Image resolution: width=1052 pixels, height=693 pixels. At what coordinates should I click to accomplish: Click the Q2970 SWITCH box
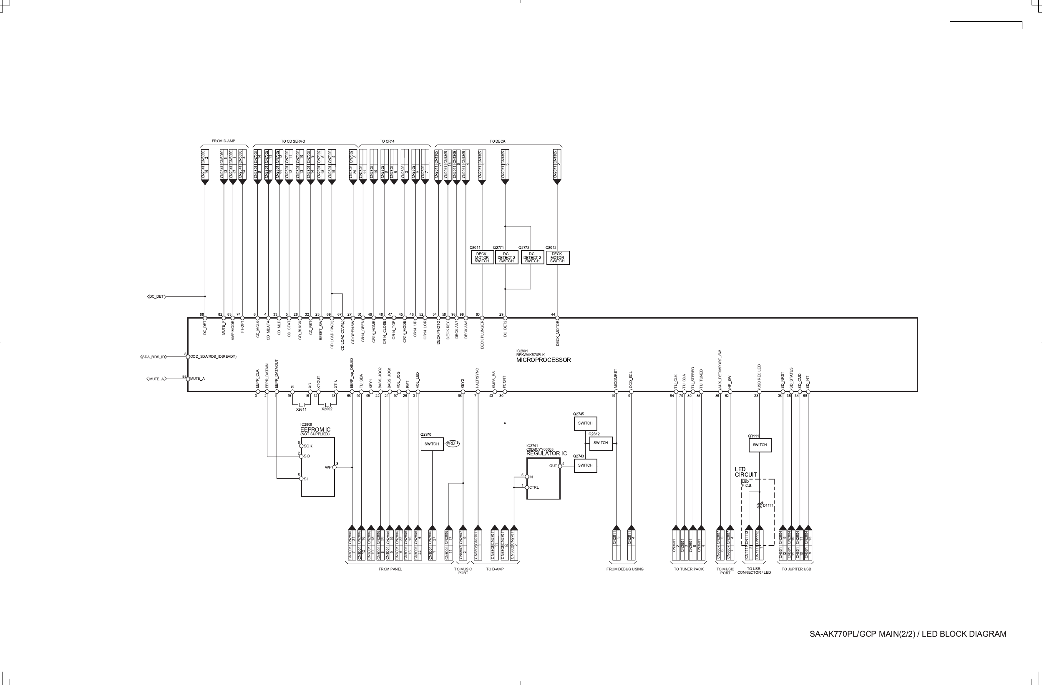435,448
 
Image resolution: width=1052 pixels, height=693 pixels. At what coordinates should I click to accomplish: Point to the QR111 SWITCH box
767,449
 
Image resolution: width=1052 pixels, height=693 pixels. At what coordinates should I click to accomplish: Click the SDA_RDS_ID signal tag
154,360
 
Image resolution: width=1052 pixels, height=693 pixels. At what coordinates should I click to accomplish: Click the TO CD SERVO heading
296,142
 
